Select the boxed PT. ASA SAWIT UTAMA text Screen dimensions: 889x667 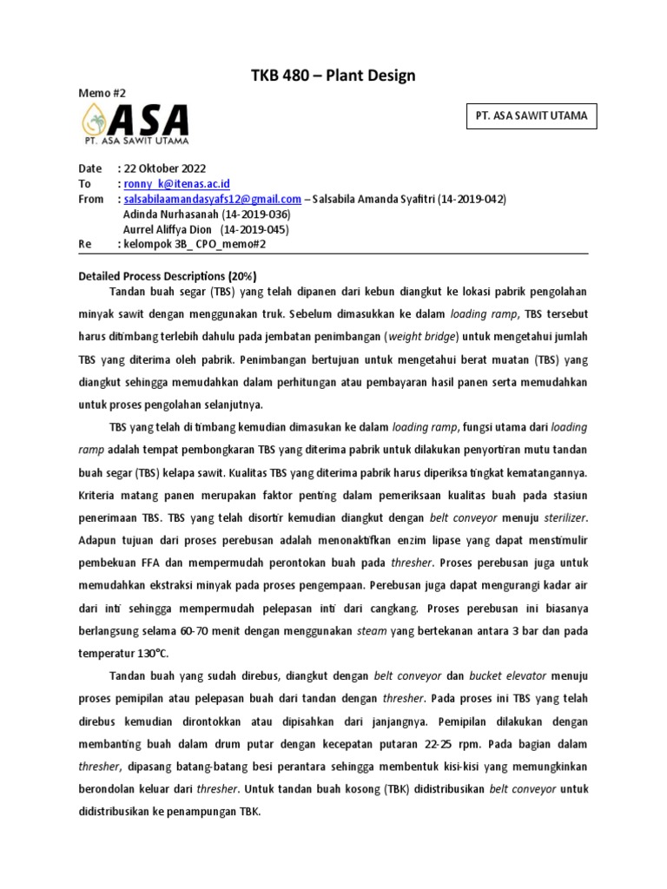(532, 115)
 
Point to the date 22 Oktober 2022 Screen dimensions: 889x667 (164, 168)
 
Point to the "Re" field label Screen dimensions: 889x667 (84, 245)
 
